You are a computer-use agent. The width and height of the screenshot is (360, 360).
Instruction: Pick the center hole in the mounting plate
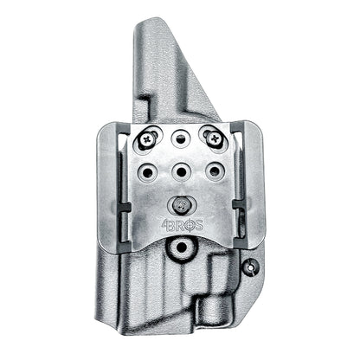[180, 170]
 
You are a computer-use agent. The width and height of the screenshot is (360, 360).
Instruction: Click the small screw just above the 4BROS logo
[180, 205]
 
